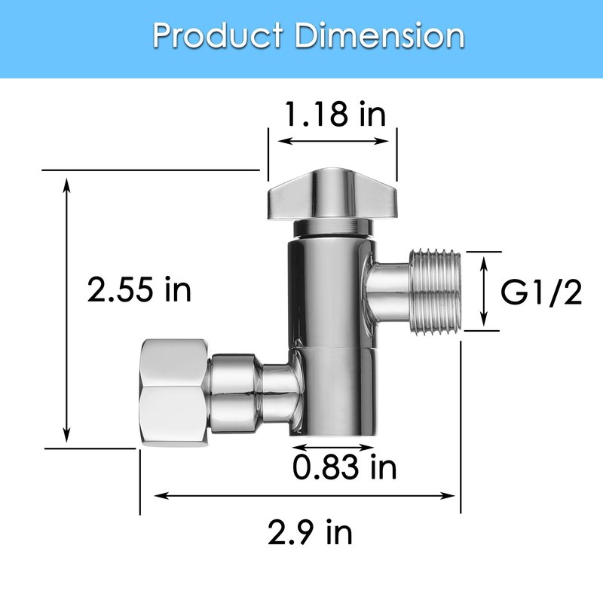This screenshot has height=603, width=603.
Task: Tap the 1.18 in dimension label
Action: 335,115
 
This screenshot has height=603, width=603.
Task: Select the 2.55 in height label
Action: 139,289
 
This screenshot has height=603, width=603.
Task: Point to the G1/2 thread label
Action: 542,293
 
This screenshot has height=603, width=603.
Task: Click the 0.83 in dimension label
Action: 344,468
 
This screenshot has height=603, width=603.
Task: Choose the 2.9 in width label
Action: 309,534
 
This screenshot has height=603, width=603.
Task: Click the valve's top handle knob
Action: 332,194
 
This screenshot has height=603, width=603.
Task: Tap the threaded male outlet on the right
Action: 435,291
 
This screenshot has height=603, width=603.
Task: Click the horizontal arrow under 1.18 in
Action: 335,140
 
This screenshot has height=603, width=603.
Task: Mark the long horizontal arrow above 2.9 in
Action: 305,496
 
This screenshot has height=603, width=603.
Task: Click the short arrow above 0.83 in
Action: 332,448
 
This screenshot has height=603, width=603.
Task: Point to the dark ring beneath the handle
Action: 332,228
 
